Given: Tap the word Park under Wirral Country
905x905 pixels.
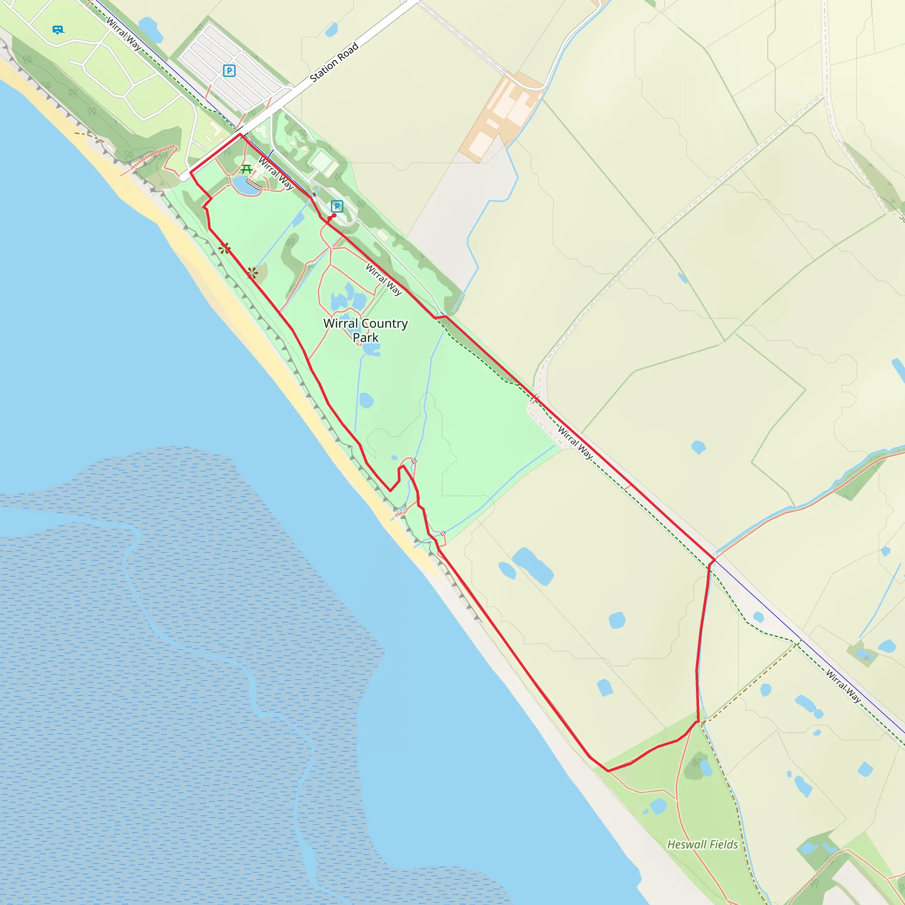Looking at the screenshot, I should tap(365, 338).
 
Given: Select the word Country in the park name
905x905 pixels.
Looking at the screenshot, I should tap(384, 323).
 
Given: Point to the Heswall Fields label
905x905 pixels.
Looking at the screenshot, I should tap(702, 844).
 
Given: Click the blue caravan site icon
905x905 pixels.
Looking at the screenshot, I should tap(57, 30).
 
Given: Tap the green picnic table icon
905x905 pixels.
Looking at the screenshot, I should tap(247, 169).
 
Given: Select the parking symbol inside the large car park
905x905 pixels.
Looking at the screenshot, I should tap(229, 71).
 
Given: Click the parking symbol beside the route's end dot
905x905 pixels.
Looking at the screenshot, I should tap(337, 206).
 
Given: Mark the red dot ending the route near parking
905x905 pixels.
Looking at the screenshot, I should tap(334, 216).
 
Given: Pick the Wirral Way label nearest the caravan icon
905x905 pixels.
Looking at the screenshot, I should tap(123, 33).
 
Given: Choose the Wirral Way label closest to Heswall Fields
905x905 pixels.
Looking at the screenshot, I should tap(843, 686).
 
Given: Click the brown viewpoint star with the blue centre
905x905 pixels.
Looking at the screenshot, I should tap(252, 272).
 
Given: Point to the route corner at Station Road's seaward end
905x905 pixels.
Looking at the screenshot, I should tap(190, 173).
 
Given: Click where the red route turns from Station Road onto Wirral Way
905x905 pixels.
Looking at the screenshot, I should tap(240, 134).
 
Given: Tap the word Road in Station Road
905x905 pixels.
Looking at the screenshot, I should tap(348, 53).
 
